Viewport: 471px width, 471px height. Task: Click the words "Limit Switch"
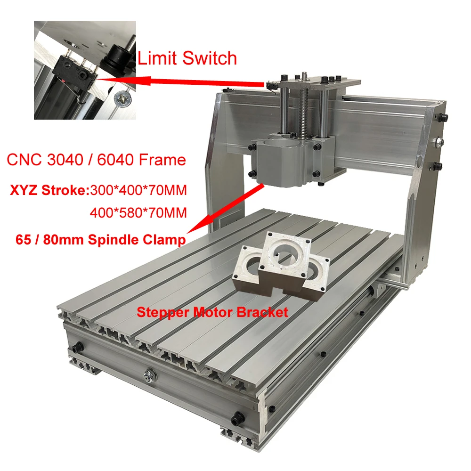click(187, 58)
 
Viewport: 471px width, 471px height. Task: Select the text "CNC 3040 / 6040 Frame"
click(96, 160)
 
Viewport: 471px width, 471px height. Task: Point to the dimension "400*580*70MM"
click(138, 213)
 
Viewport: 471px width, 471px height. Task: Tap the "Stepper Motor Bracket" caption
click(211, 312)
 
